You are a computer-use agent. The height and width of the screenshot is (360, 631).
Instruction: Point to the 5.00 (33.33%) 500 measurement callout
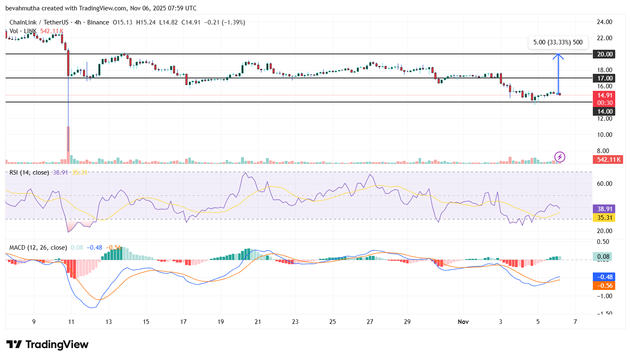pyautogui.click(x=558, y=42)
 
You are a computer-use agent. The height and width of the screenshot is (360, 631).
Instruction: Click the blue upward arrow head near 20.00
pyautogui.click(x=558, y=56)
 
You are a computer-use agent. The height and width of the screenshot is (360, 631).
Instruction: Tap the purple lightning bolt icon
pyautogui.click(x=560, y=157)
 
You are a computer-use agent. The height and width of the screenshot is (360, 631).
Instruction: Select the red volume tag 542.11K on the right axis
pyautogui.click(x=608, y=160)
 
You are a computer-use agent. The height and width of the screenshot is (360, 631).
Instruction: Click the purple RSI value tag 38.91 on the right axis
pyautogui.click(x=604, y=209)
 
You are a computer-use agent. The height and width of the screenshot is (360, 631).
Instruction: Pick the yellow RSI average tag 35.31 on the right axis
pyautogui.click(x=604, y=218)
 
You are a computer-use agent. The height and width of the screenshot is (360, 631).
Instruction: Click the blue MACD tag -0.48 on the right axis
pyautogui.click(x=604, y=277)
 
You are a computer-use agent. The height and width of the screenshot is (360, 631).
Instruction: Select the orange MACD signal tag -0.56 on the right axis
pyautogui.click(x=604, y=286)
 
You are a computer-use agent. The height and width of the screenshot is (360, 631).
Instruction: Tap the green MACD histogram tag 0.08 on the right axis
pyautogui.click(x=602, y=257)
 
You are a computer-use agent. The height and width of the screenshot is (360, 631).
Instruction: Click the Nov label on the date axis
pyautogui.click(x=463, y=322)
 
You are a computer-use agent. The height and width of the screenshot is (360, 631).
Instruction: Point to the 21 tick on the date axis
pyautogui.click(x=258, y=322)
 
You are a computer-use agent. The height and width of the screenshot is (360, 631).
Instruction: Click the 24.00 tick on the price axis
pyautogui.click(x=604, y=22)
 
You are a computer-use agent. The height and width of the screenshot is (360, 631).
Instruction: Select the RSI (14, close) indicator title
pyautogui.click(x=29, y=173)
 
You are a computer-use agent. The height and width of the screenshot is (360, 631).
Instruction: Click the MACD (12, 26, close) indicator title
pyautogui.click(x=38, y=248)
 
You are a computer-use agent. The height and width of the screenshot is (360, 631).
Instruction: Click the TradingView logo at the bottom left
pyautogui.click(x=47, y=345)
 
